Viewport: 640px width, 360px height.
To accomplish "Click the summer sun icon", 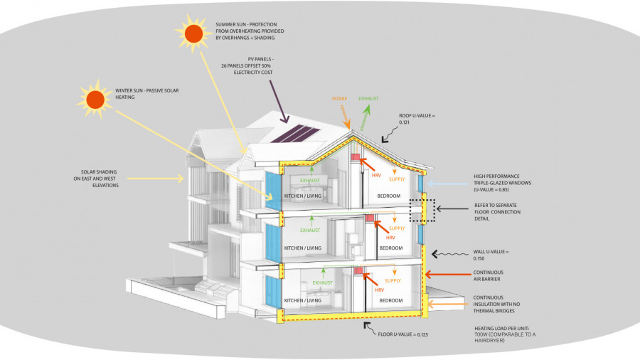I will point(193,33).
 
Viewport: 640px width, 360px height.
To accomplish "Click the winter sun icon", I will point(95,100).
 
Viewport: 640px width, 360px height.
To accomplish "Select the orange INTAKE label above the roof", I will point(340,99).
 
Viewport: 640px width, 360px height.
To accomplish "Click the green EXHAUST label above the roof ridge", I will point(369,99).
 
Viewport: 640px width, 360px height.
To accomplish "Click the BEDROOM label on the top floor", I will point(389,195).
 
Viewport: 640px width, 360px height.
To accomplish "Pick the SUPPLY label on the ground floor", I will point(397,282).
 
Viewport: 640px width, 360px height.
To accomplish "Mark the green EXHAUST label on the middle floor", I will point(310,231).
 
